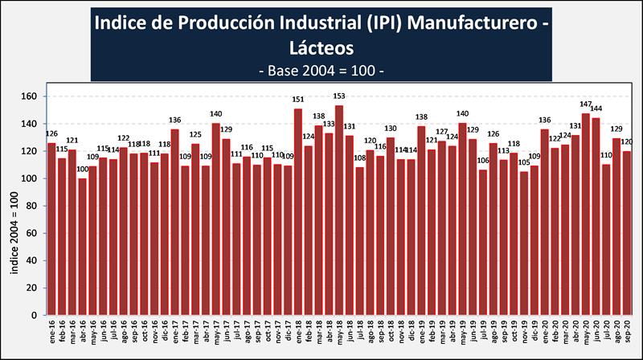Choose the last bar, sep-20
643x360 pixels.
pyautogui.click(x=627, y=233)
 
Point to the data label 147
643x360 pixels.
pyautogui.click(x=586, y=104)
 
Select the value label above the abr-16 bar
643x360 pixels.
pyautogui.click(x=82, y=170)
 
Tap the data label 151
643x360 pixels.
pyautogui.click(x=297, y=100)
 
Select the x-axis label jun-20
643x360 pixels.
pyautogui.click(x=596, y=332)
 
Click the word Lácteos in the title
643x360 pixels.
pyautogui.click(x=321, y=47)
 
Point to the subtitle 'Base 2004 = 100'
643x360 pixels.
pyautogui.click(x=321, y=71)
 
